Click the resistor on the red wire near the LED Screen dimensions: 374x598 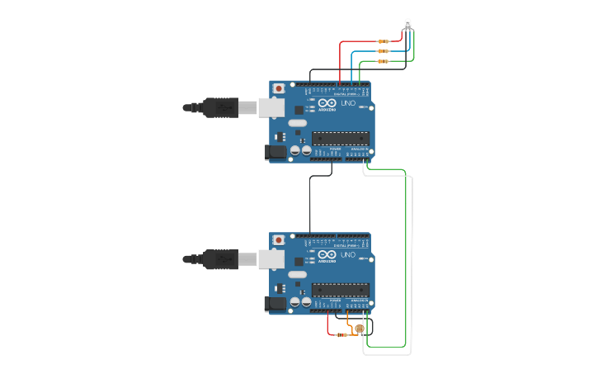383,41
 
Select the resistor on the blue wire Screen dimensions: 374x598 383,51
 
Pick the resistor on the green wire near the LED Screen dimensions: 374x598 383,61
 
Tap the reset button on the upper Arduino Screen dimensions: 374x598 279,88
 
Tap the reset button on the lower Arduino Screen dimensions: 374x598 279,240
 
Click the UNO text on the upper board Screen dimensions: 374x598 348,103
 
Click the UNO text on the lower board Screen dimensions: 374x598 348,256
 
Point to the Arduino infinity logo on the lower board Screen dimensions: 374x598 327,255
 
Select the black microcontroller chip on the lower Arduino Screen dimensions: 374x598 340,290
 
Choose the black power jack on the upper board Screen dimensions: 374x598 275,151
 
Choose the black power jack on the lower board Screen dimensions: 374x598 275,304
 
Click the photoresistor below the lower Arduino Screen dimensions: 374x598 360,329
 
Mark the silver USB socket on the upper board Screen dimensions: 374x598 271,107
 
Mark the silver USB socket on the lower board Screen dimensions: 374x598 271,259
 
